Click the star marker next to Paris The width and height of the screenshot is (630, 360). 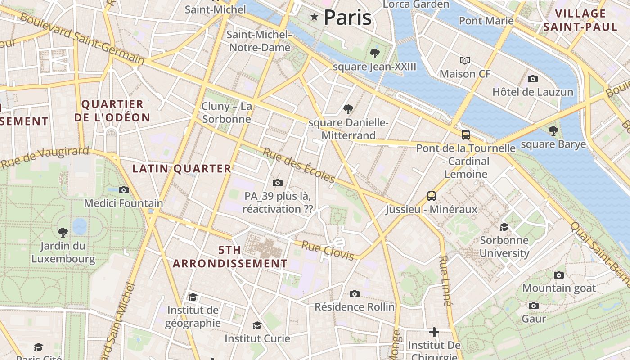pyautogui.click(x=314, y=17)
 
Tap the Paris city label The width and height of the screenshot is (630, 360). pyautogui.click(x=348, y=18)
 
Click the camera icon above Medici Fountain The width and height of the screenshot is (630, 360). pyautogui.click(x=124, y=190)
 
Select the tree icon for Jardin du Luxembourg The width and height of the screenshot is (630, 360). pyautogui.click(x=63, y=233)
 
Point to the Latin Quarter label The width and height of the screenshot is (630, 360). pyautogui.click(x=182, y=169)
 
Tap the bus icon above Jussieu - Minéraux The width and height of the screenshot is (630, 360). pyautogui.click(x=432, y=196)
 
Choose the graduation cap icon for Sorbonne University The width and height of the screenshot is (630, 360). pyautogui.click(x=504, y=227)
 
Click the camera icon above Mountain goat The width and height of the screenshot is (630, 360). pyautogui.click(x=559, y=275)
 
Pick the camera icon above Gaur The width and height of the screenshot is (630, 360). pyautogui.click(x=534, y=306)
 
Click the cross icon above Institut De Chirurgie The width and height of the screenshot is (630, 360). pyautogui.click(x=434, y=332)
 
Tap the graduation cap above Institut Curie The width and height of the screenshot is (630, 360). pyautogui.click(x=257, y=325)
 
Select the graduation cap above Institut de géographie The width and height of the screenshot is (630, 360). pyautogui.click(x=193, y=297)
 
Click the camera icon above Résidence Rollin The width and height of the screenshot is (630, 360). pyautogui.click(x=355, y=294)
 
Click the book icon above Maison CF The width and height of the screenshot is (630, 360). pyautogui.click(x=465, y=60)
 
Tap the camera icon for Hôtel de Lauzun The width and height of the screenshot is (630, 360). pyautogui.click(x=533, y=79)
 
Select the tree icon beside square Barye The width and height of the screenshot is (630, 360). pyautogui.click(x=553, y=131)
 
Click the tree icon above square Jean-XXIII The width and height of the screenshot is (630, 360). pyautogui.click(x=374, y=54)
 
